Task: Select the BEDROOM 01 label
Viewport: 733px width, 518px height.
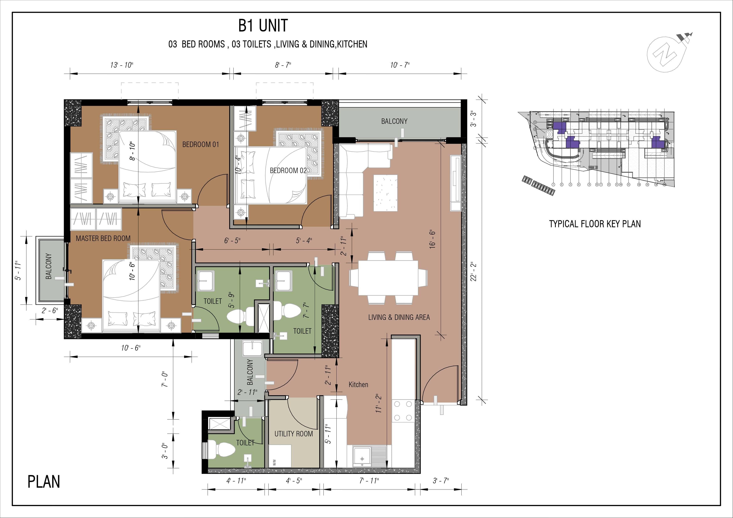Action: tap(201, 144)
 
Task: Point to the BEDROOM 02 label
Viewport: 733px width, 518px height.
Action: tap(288, 171)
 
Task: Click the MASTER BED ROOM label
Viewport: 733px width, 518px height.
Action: tap(103, 238)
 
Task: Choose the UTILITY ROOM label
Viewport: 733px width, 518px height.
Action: tap(293, 434)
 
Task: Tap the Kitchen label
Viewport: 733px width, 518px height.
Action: tap(358, 385)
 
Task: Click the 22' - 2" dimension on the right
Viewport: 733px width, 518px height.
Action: tap(474, 271)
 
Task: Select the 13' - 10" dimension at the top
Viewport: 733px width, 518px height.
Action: tap(122, 65)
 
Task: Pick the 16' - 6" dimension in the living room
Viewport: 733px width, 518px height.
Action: tap(433, 239)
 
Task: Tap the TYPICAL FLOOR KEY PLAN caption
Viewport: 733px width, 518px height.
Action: tap(595, 224)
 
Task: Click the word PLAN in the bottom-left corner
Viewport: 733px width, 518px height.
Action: tap(44, 482)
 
